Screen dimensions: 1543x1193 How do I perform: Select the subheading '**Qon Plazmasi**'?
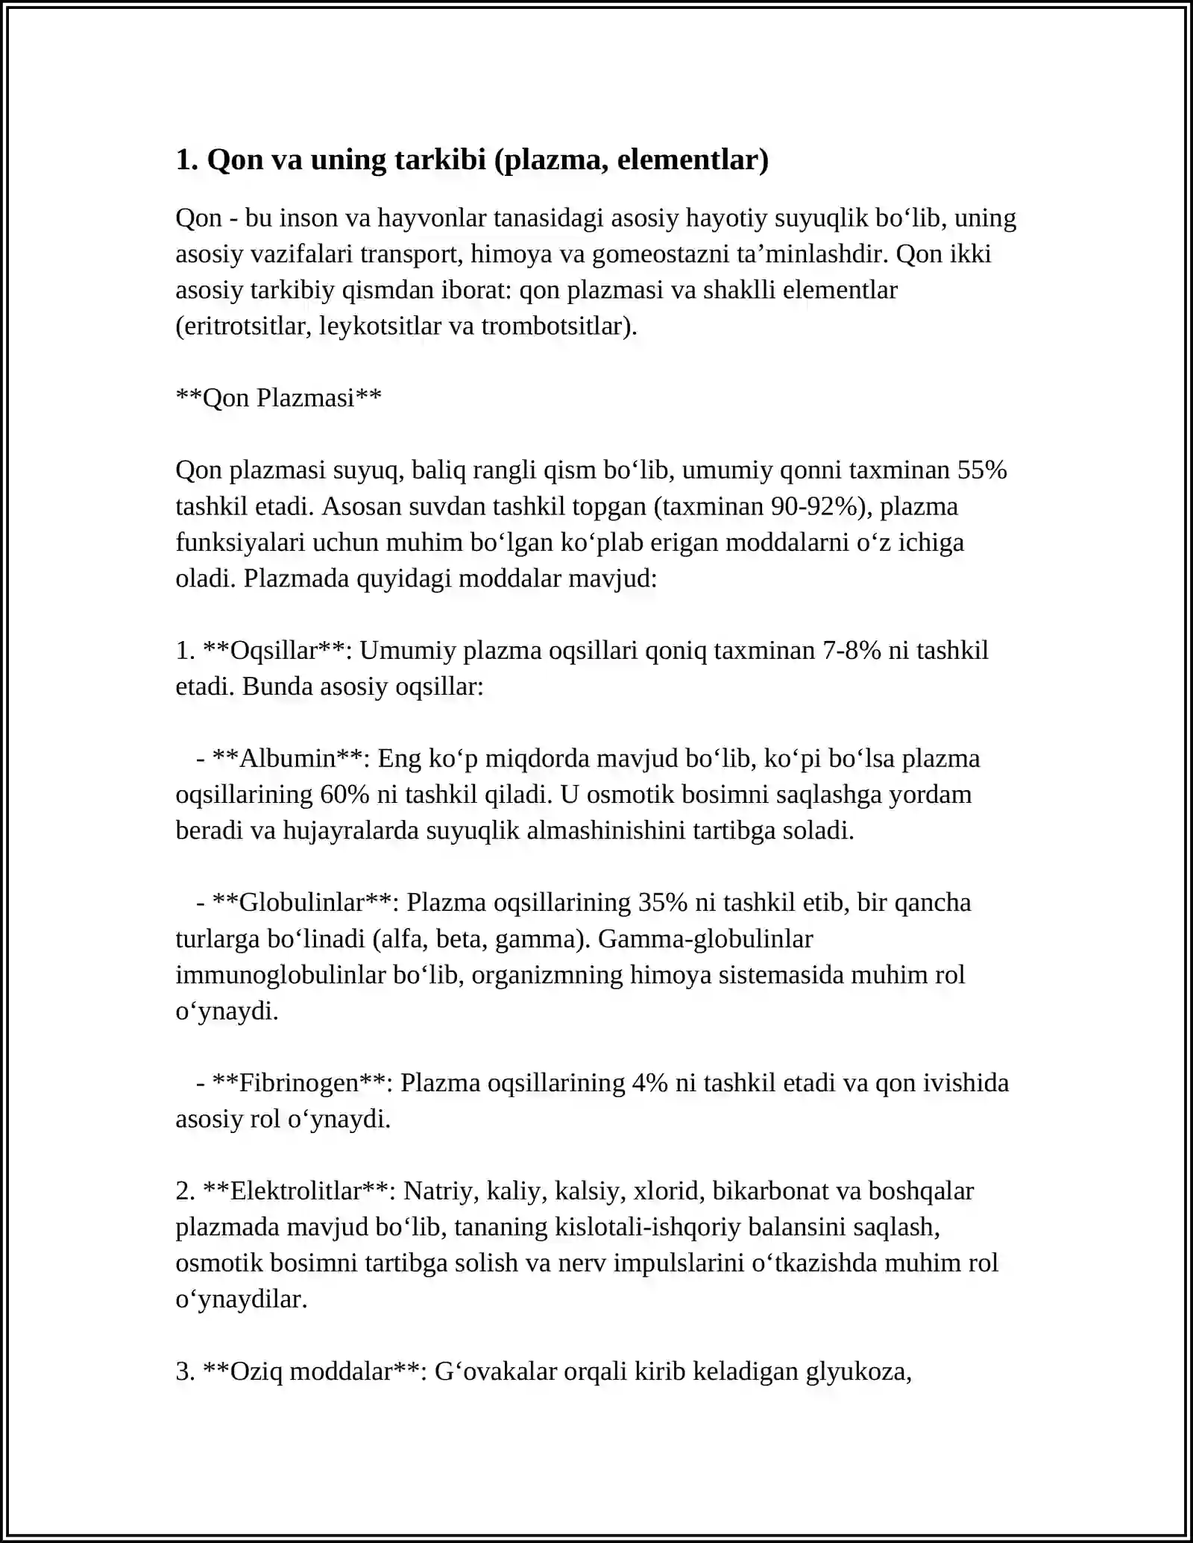(x=278, y=398)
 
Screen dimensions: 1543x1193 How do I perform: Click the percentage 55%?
(x=982, y=470)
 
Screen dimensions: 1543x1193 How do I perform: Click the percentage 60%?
(x=344, y=795)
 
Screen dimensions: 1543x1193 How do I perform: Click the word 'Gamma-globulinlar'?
(x=705, y=938)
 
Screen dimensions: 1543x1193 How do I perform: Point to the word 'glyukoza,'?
(x=859, y=1372)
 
